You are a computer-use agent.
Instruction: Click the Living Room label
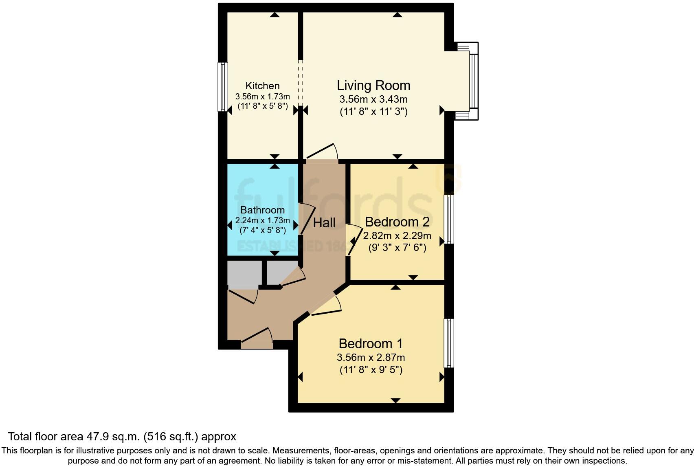click(373, 86)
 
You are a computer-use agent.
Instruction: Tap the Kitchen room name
click(262, 86)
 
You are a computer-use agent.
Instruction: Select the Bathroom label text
click(262, 210)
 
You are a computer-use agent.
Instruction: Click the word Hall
click(324, 223)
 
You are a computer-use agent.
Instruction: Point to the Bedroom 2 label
click(397, 222)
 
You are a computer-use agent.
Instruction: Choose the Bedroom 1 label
click(371, 344)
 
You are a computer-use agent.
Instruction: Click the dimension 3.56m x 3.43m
click(373, 99)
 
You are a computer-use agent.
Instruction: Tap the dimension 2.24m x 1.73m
click(262, 221)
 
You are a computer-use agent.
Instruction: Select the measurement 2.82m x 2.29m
click(397, 236)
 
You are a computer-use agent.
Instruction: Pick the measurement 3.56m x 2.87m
click(371, 358)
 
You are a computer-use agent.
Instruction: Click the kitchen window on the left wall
click(223, 87)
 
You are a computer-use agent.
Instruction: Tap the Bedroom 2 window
click(449, 219)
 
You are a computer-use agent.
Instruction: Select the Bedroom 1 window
click(449, 343)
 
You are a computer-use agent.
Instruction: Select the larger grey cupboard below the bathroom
click(244, 273)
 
